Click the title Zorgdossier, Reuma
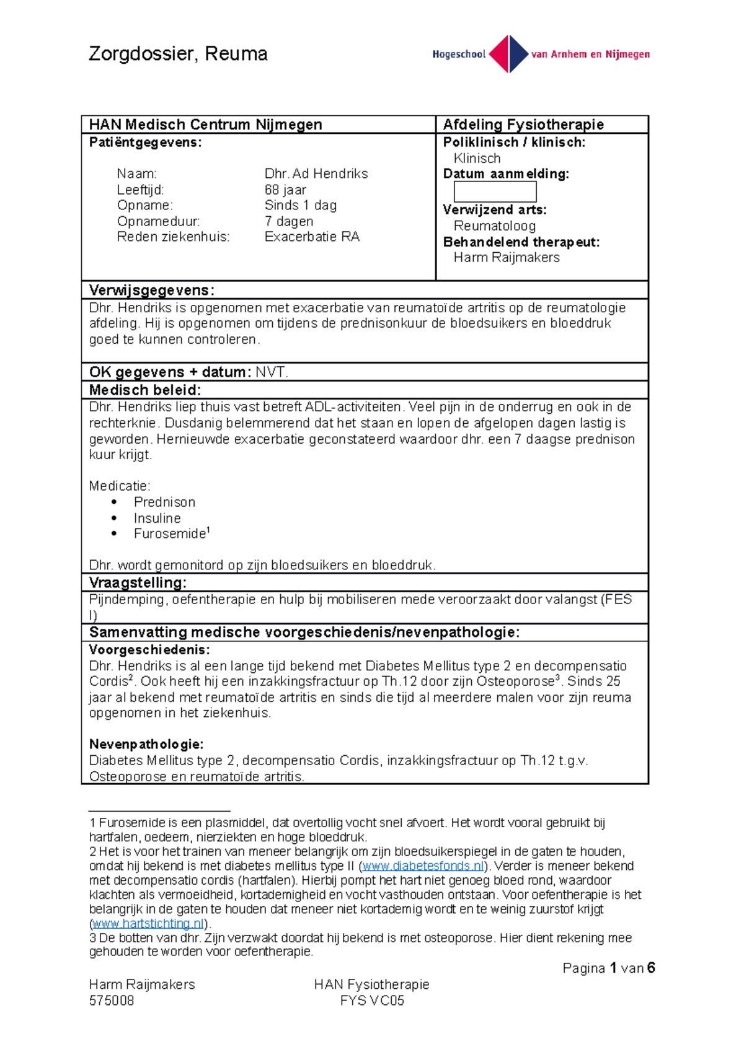point(178,54)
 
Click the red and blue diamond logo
point(508,54)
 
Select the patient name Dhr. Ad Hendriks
point(316,173)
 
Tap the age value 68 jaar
point(285,190)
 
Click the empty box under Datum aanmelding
point(495,191)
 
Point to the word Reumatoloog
point(494,226)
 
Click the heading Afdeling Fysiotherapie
point(523,125)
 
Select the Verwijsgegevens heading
point(151,290)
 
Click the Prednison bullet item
point(164,502)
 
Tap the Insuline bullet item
point(157,518)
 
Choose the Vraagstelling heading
point(138,582)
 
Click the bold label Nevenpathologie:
point(146,744)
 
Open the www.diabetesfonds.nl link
point(423,866)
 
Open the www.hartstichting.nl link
point(148,923)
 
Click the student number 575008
point(112,1000)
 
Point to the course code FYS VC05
point(371,1000)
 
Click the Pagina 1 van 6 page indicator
point(608,968)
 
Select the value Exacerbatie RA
point(312,237)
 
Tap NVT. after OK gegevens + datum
point(272,372)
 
